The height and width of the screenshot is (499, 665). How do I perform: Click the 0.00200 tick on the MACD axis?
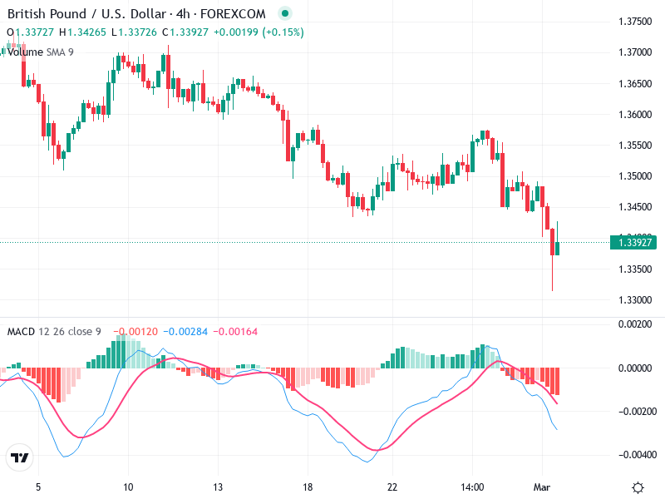pos(634,324)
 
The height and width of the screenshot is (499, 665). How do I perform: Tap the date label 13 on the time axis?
pos(218,487)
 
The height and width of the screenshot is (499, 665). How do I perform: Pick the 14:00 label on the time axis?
pos(472,487)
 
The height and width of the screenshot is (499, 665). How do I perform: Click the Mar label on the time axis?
pos(541,487)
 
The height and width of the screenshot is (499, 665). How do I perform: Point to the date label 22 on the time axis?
pos(392,487)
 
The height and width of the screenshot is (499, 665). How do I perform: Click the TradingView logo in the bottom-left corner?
pos(19,458)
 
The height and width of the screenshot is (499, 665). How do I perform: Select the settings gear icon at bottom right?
pos(638,487)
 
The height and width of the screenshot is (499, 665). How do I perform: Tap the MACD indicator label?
pos(21,332)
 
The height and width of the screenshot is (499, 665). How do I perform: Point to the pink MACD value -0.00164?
pos(237,332)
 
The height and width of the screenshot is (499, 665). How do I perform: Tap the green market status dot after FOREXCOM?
pos(285,14)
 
